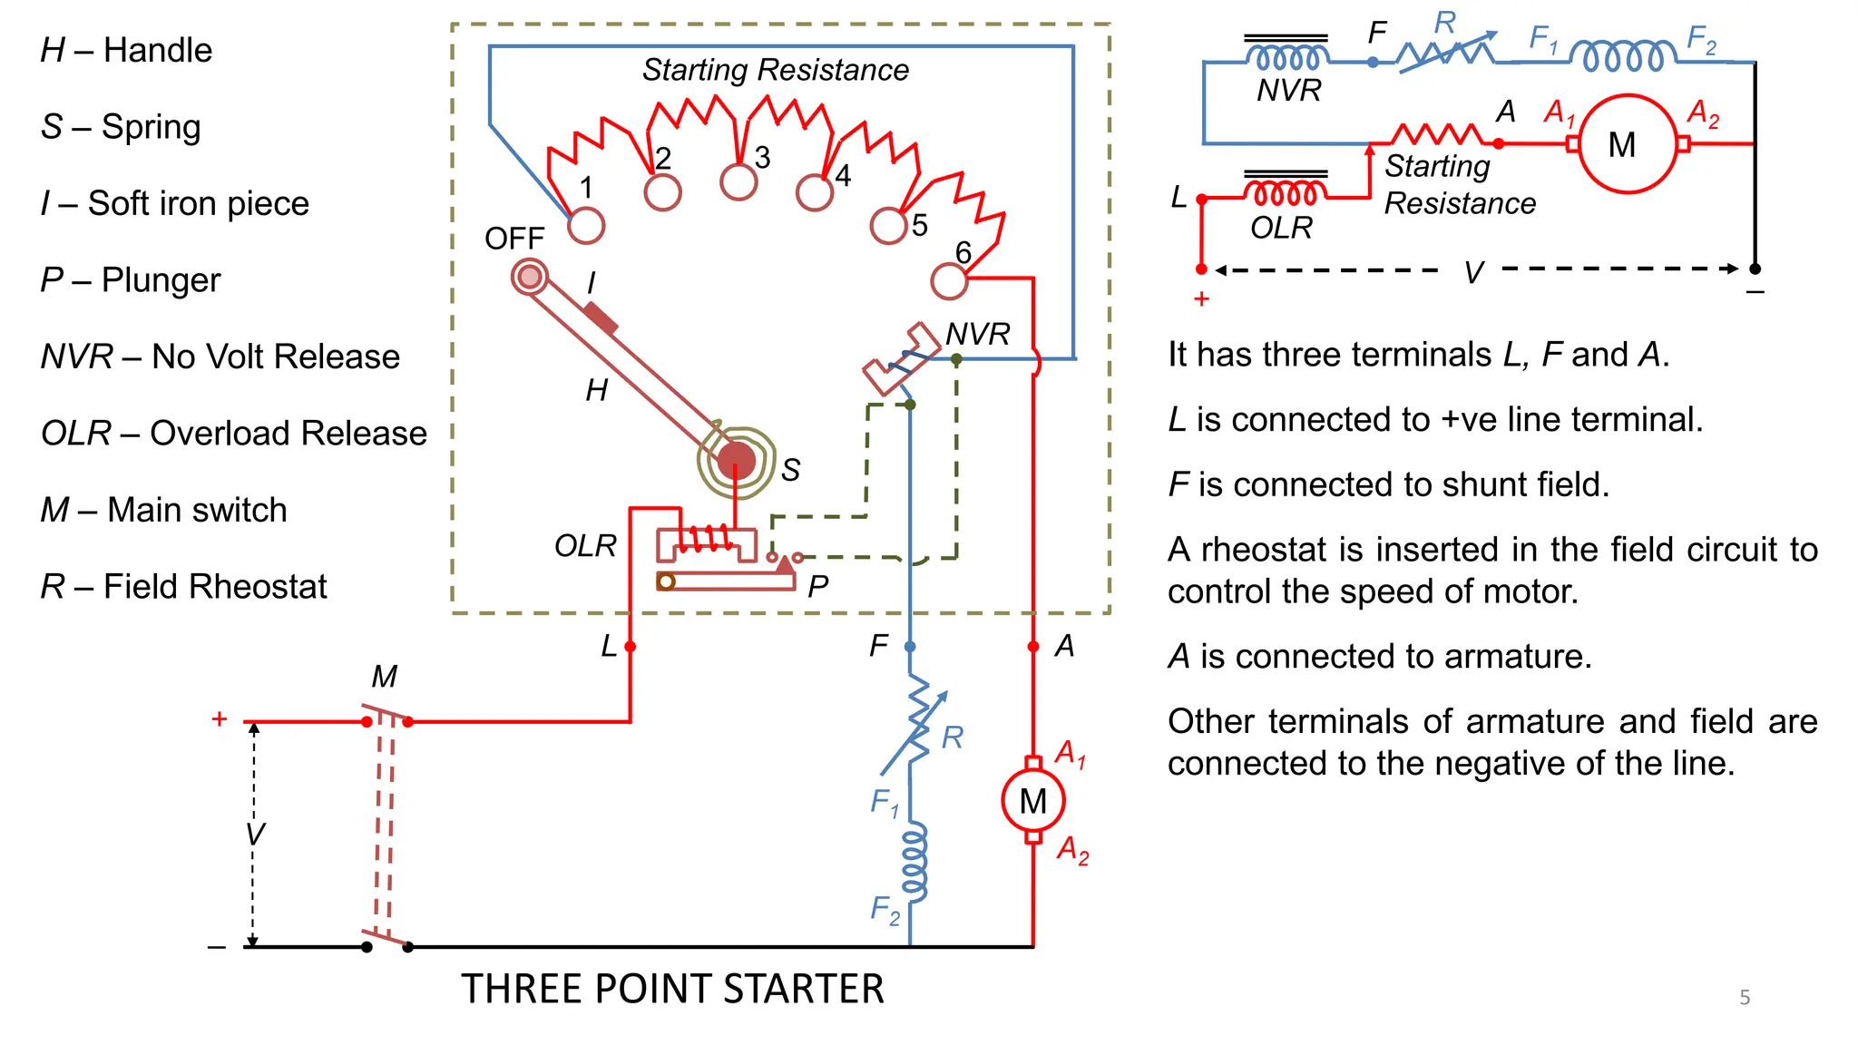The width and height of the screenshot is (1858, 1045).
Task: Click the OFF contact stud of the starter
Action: coord(530,277)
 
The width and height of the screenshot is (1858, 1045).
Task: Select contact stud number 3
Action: coord(738,181)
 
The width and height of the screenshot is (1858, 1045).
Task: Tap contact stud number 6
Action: coord(949,281)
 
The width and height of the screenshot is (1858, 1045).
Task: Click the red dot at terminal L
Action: coord(631,647)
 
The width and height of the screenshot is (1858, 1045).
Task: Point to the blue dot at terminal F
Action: coord(910,647)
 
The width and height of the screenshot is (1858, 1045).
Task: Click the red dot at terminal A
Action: coord(1033,647)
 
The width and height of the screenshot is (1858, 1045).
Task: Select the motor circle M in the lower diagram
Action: coord(1033,801)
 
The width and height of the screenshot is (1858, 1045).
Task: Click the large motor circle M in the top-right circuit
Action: coord(1628,144)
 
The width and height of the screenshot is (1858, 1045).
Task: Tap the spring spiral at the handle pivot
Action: coord(737,460)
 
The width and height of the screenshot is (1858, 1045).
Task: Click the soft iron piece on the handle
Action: coord(601,318)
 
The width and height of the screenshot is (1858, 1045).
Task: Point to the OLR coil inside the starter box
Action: coord(707,540)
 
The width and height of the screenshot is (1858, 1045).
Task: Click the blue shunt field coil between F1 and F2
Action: coord(914,862)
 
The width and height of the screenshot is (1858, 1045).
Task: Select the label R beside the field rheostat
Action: coord(952,737)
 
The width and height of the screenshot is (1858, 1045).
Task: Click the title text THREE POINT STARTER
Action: coord(672,989)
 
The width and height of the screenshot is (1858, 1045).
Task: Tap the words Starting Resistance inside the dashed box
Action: coord(776,70)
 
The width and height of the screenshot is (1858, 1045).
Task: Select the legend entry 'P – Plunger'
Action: coord(131,280)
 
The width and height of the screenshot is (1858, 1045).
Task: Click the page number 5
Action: coord(1745,998)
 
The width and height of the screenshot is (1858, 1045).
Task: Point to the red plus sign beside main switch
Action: coord(219,719)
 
